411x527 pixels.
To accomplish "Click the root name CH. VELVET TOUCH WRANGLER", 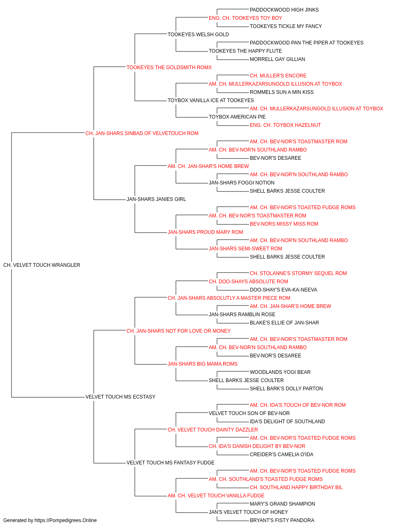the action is (x=42, y=265).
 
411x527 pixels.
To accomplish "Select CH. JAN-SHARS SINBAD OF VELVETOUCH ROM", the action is (x=142, y=133).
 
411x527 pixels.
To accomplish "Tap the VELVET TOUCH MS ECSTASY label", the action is (x=120, y=397).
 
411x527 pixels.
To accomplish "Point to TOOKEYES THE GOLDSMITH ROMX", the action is (x=169, y=68).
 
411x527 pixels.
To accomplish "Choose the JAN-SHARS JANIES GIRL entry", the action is (x=156, y=199).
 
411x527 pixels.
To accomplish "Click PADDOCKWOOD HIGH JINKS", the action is (x=284, y=10).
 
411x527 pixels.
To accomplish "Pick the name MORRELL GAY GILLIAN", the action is (x=277, y=59).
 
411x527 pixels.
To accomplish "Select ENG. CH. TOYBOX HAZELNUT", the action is (x=285, y=125).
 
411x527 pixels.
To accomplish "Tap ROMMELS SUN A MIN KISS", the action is (x=282, y=92).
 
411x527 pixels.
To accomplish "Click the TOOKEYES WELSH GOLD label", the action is (x=198, y=35).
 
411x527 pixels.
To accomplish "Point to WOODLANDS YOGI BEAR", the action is (x=280, y=372).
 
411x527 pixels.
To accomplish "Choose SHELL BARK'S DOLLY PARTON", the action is (x=286, y=389).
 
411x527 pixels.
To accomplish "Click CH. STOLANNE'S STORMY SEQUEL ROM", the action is (x=298, y=273).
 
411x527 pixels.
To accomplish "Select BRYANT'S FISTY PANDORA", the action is (x=282, y=520).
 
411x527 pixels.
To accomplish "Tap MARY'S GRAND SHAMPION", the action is (x=282, y=504).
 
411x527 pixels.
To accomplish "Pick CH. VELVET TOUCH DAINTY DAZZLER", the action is (x=213, y=430).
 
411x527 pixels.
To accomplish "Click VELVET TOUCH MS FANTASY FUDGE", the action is (x=171, y=463).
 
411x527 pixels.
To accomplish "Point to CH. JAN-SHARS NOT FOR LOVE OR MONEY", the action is (x=178, y=331).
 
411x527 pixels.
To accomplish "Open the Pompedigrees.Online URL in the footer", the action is (x=66, y=520).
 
